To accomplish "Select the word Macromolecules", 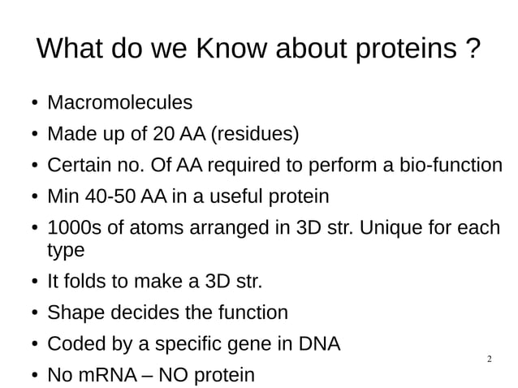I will (x=120, y=103).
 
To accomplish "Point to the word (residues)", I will (x=255, y=134).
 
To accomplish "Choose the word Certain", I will (x=79, y=166).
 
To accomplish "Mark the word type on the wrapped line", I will (x=67, y=251).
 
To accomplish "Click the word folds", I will (x=88, y=282).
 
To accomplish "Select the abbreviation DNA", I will (x=320, y=344).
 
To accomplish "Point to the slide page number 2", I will (x=489, y=359).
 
